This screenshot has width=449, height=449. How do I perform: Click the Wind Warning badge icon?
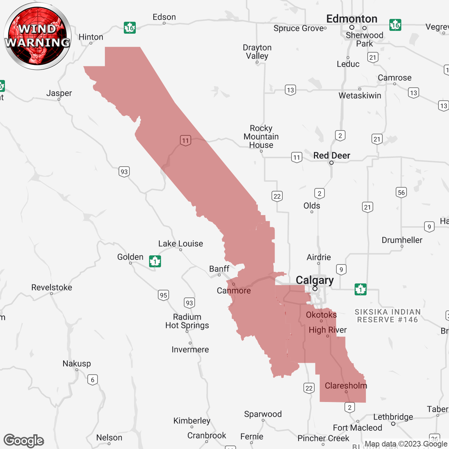pyautogui.click(x=37, y=36)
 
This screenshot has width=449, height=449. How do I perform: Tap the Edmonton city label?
pyautogui.click(x=351, y=19)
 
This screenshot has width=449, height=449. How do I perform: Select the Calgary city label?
pyautogui.click(x=315, y=280)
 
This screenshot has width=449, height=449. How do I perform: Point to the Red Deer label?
pyautogui.click(x=331, y=155)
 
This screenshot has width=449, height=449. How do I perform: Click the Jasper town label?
pyautogui.click(x=59, y=93)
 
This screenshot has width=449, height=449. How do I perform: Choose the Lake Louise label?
pyautogui.click(x=180, y=244)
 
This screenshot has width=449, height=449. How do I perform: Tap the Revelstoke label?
pyautogui.click(x=52, y=288)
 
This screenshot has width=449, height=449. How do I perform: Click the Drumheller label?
pyautogui.click(x=402, y=240)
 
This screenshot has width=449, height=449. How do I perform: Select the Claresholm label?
pyautogui.click(x=346, y=386)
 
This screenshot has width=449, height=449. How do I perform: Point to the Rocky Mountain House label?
pyautogui.click(x=261, y=137)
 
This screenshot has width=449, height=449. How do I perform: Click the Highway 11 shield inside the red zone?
pyautogui.click(x=186, y=141)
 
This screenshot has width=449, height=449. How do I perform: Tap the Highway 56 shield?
pyautogui.click(x=401, y=192)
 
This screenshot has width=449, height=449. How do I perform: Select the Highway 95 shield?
pyautogui.click(x=163, y=295)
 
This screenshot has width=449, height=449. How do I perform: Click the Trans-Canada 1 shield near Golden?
pyautogui.click(x=155, y=261)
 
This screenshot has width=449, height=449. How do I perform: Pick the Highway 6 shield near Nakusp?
pyautogui.click(x=93, y=380)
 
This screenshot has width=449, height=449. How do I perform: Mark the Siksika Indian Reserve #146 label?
pyautogui.click(x=387, y=316)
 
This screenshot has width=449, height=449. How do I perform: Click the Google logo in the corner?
pyautogui.click(x=24, y=441)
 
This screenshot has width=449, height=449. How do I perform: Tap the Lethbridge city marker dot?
pyautogui.click(x=393, y=424)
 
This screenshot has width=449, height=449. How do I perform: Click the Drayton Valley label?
pyautogui.click(x=257, y=52)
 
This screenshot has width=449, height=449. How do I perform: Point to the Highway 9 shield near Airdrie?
pyautogui.click(x=341, y=269)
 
